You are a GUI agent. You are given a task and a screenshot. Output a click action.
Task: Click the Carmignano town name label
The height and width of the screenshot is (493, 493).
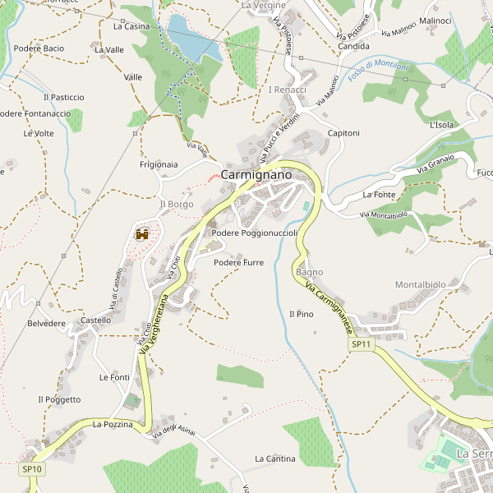(256, 175)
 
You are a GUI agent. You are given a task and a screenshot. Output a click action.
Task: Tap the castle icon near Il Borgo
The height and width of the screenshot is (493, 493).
(141, 234)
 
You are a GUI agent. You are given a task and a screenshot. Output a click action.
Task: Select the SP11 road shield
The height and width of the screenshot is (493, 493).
(362, 345)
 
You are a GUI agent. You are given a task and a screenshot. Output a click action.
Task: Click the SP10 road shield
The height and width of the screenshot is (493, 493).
(32, 468)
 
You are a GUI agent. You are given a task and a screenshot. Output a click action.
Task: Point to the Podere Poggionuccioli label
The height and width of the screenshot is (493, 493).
(254, 233)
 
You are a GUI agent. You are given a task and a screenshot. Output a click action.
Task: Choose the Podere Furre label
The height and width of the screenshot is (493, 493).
(238, 263)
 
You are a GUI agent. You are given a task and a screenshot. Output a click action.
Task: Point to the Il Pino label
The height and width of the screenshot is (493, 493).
(302, 314)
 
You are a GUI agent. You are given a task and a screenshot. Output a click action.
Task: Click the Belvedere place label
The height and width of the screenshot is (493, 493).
(46, 324)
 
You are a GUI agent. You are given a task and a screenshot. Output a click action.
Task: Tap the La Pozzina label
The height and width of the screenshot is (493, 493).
(112, 424)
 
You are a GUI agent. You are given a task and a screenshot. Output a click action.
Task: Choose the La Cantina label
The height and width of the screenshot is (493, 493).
(274, 458)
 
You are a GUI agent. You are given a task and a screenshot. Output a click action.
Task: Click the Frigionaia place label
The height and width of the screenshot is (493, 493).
(159, 164)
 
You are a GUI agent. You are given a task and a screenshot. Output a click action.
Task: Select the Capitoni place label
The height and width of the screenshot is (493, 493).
(343, 133)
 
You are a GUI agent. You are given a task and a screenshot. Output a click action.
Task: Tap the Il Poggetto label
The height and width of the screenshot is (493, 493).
(59, 399)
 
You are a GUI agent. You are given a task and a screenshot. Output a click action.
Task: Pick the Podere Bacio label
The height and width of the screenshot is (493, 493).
(39, 48)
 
